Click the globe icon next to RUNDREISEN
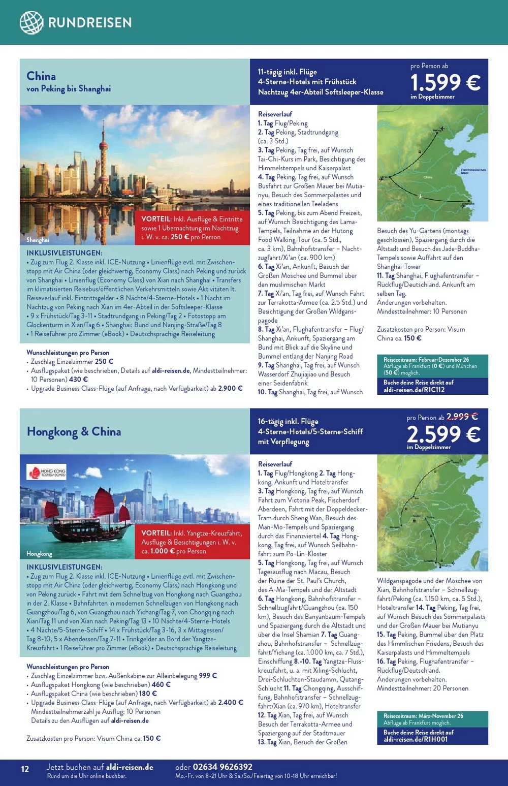click(x=31, y=22)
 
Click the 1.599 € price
click(x=444, y=82)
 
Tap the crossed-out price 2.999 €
click(x=462, y=417)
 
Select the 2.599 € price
click(x=443, y=434)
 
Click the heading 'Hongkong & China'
click(x=74, y=432)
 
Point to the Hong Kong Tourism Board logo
click(x=47, y=472)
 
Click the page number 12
click(x=25, y=769)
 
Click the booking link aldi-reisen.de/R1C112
click(x=414, y=390)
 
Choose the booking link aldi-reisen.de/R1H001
click(x=416, y=740)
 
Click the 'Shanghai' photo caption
click(x=38, y=240)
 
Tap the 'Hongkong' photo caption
click(x=39, y=554)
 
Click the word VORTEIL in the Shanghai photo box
click(x=156, y=219)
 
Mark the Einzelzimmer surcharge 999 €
click(x=208, y=676)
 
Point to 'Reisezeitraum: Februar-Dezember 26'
click(x=426, y=359)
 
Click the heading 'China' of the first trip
click(x=41, y=76)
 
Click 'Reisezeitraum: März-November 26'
click(x=423, y=716)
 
